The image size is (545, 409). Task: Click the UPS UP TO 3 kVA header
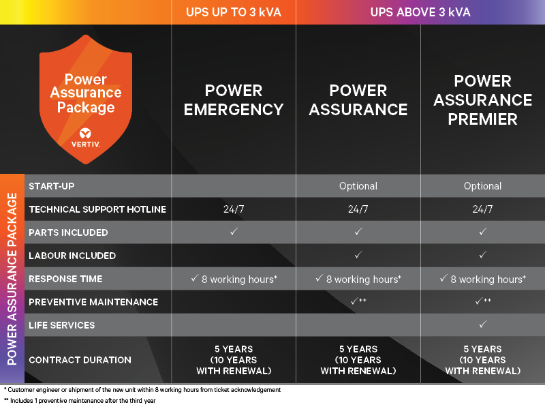click(233, 12)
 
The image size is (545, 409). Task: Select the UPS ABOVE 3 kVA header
click(420, 12)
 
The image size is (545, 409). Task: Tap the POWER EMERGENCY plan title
click(234, 100)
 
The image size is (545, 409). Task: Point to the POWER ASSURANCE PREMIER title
click(483, 100)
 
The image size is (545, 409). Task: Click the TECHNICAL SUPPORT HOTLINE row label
click(97, 209)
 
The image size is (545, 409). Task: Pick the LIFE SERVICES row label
click(61, 325)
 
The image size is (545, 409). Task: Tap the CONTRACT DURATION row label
click(80, 360)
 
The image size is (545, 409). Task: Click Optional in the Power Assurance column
click(358, 186)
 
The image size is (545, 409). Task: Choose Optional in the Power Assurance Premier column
click(482, 186)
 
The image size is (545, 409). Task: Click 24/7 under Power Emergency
click(234, 209)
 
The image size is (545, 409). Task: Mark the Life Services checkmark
click(482, 325)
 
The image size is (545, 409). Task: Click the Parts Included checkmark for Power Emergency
click(234, 232)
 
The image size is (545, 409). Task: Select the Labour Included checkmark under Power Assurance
click(358, 256)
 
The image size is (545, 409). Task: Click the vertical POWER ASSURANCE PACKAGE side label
click(12, 279)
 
